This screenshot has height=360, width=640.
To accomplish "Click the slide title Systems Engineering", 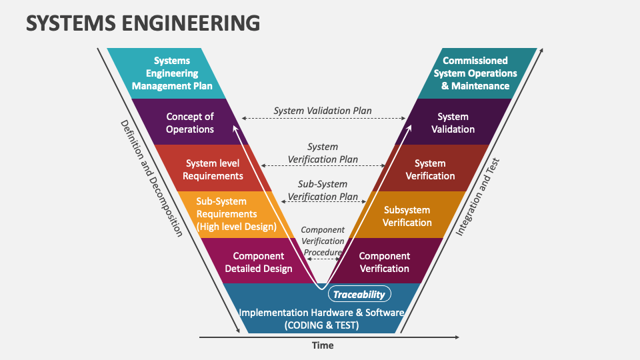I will click(143, 23).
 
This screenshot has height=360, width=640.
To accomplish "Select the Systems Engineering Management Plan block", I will click(172, 73).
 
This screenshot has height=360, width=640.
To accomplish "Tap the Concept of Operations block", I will click(190, 123).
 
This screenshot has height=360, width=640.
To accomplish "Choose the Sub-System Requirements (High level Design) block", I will click(236, 214).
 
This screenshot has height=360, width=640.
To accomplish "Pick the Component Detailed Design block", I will click(258, 262).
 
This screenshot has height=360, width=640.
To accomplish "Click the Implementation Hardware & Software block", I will click(321, 318).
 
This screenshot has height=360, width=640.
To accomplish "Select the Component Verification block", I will click(385, 262).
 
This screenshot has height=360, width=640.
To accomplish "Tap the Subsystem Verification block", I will click(407, 216).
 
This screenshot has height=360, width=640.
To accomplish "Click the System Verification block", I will click(430, 169).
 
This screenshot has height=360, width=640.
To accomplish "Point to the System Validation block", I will click(453, 123).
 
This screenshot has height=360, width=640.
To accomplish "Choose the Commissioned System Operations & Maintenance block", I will click(475, 73).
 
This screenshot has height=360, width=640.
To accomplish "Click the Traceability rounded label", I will click(359, 294).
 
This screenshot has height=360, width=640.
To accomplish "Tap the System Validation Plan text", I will click(323, 110).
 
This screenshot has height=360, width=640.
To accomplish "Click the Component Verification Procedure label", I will click(323, 241).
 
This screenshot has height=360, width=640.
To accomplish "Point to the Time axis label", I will click(323, 345).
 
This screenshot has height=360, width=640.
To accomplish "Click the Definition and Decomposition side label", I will click(151, 178).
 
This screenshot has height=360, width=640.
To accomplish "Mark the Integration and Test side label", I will click(477, 197).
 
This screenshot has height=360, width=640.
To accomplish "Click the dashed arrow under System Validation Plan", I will click(323, 118).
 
